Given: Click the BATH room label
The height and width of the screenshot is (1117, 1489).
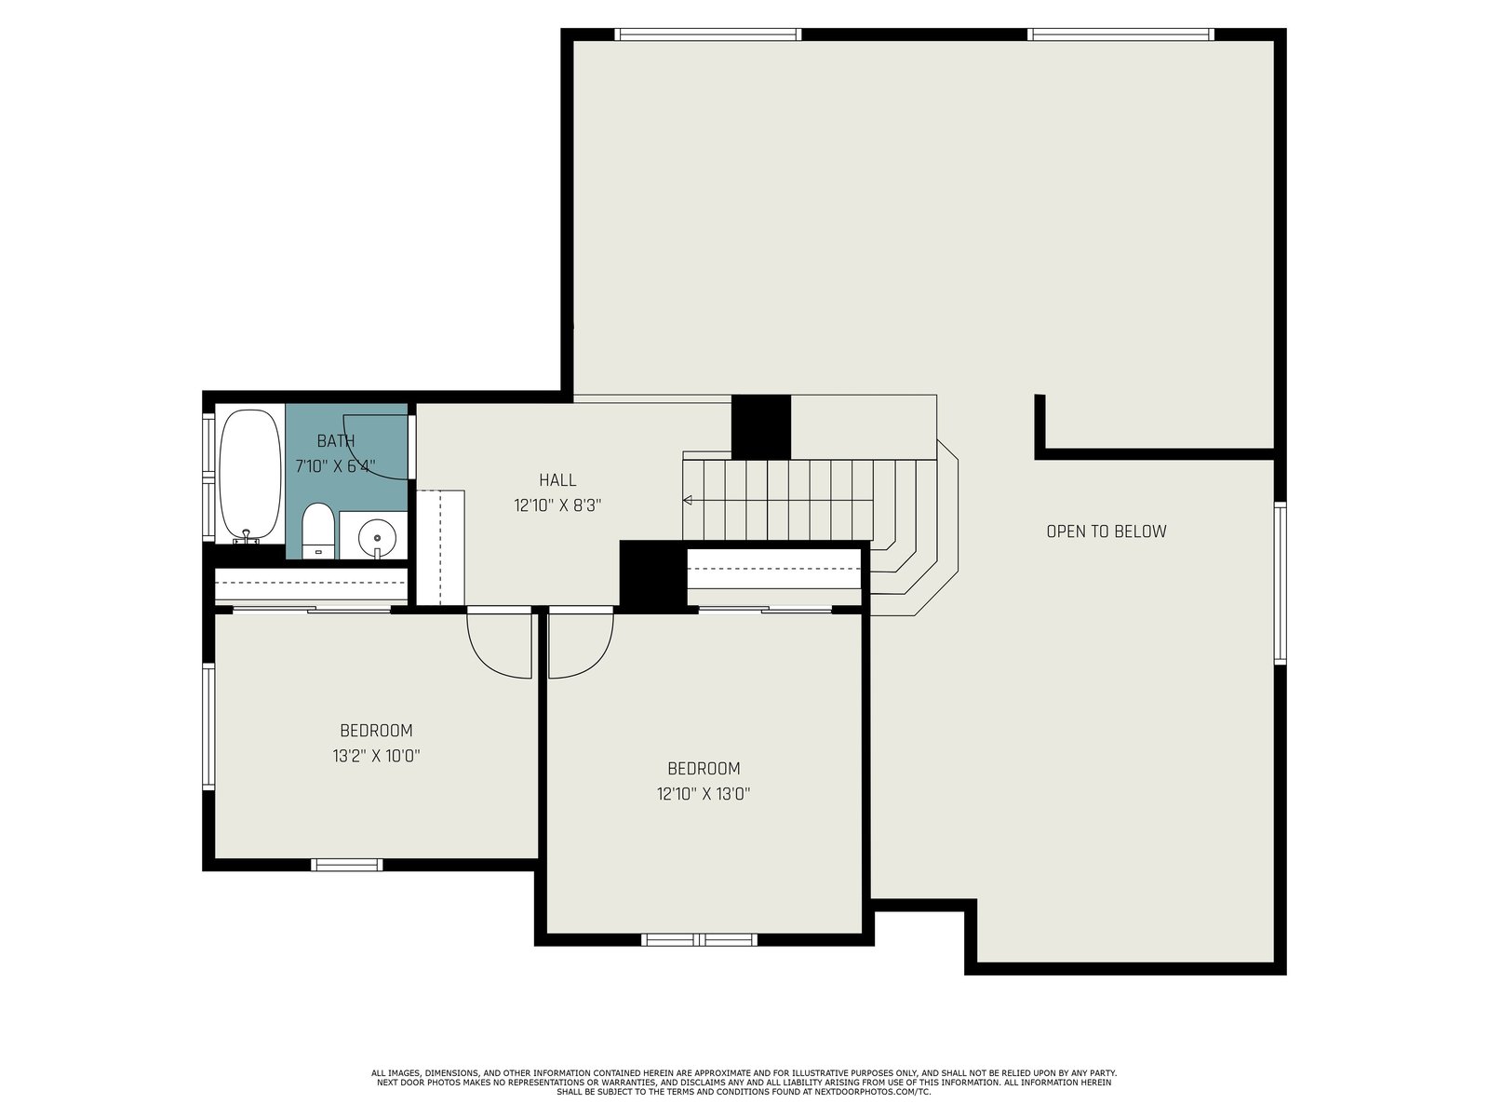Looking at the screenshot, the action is click(336, 441).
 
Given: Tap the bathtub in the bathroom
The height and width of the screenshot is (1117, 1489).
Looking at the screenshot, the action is click(249, 475).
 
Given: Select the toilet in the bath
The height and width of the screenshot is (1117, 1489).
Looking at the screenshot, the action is click(318, 531).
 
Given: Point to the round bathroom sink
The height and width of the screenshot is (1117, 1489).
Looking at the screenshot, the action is click(377, 536).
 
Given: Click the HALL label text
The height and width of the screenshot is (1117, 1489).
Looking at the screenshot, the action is click(557, 480).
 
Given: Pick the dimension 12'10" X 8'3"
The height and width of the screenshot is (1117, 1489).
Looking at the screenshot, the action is click(557, 505).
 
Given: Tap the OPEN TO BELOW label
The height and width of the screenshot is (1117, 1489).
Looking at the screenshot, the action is click(1107, 532).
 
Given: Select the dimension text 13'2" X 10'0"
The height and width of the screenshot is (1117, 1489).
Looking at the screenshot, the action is click(377, 756).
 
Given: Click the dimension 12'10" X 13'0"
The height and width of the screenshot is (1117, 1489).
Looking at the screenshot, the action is click(704, 793).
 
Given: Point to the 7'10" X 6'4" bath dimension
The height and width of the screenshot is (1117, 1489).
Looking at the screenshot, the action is click(336, 466).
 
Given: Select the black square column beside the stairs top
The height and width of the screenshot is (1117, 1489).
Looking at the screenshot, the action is click(761, 426).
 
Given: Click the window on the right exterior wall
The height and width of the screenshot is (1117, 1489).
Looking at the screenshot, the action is click(1280, 583).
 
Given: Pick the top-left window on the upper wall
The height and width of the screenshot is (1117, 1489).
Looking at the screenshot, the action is click(708, 34).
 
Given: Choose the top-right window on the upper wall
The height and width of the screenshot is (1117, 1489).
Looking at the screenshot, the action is click(1120, 34).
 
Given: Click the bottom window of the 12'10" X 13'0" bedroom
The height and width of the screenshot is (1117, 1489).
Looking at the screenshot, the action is click(700, 939).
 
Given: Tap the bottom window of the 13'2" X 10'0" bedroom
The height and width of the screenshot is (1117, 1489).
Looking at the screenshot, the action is click(346, 865).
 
